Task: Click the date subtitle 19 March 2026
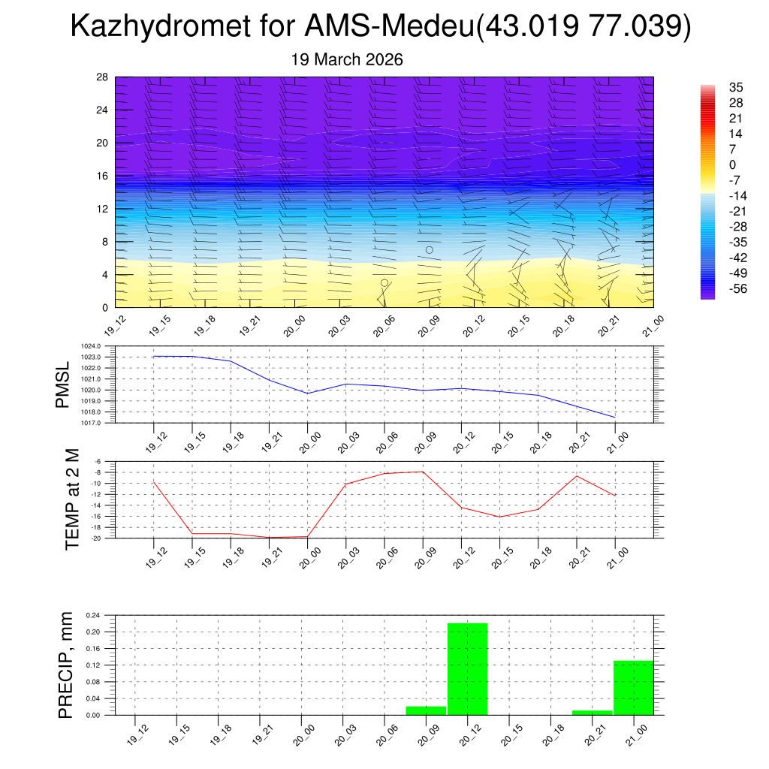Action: [347, 59]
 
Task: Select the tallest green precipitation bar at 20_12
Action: [468, 668]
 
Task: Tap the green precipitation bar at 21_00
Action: [634, 687]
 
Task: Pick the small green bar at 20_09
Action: [426, 710]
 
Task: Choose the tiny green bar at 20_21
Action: [592, 712]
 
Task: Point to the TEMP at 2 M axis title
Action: [71, 499]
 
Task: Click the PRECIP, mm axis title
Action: [65, 665]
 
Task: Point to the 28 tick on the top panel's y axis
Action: [103, 77]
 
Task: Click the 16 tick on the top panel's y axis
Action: [103, 176]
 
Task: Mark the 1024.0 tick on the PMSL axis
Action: [91, 346]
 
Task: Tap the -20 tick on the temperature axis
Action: [96, 538]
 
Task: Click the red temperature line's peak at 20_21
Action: [577, 476]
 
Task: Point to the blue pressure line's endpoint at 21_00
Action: [615, 417]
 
